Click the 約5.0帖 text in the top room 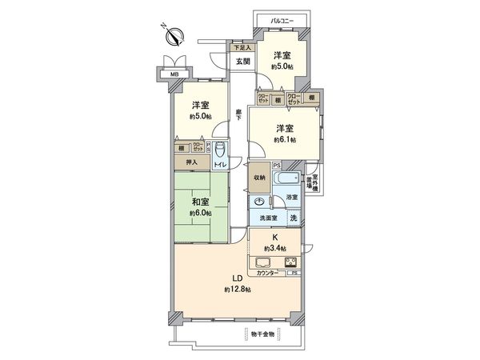(x=282, y=66)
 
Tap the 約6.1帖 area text (x=284, y=139)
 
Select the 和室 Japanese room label (x=202, y=202)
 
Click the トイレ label (x=219, y=165)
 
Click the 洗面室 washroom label (x=267, y=218)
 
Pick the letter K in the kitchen (x=275, y=237)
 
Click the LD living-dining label (x=237, y=279)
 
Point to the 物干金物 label (x=261, y=334)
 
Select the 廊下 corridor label (x=239, y=115)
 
